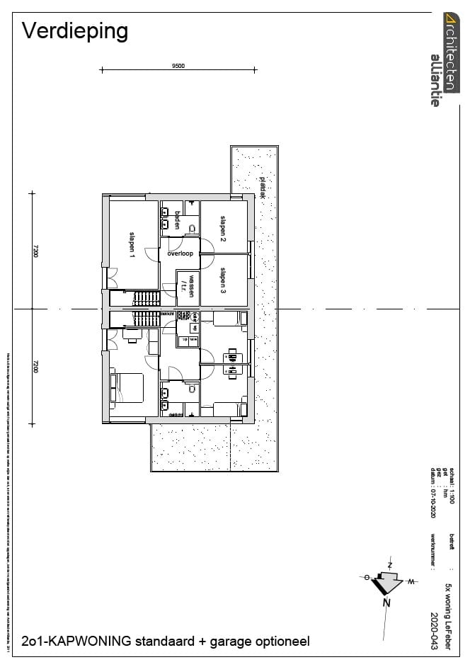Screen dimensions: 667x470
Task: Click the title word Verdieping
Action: coord(75,31)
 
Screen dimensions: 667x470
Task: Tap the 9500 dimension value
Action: coord(178,66)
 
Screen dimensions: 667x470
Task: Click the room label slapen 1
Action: coord(132,245)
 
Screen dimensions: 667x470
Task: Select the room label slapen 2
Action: coord(223,226)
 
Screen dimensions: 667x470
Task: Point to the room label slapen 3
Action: coord(223,280)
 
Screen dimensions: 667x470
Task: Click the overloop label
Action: coord(180,253)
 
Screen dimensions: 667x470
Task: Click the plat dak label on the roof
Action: coord(262,187)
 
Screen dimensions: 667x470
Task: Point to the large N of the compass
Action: coord(386,603)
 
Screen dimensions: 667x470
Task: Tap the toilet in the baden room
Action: coord(190,220)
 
